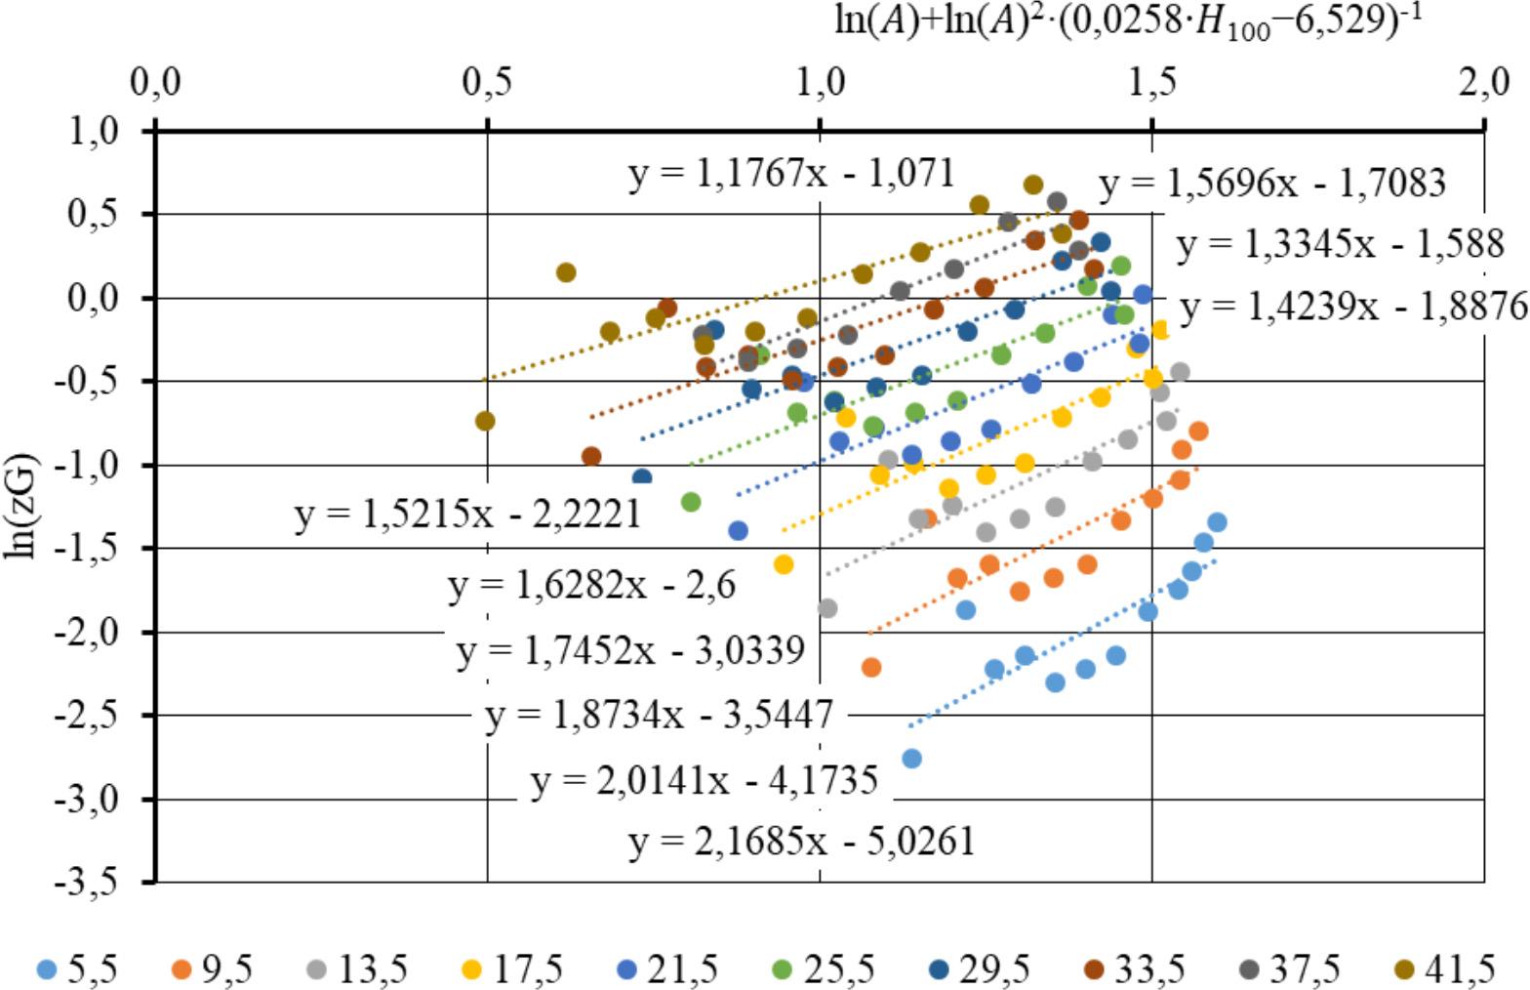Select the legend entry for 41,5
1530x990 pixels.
click(x=1447, y=969)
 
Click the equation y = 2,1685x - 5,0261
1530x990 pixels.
click(x=801, y=841)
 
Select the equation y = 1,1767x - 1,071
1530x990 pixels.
click(x=791, y=174)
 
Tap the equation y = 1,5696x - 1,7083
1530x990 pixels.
click(x=1271, y=183)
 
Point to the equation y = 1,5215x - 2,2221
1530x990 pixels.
click(x=467, y=514)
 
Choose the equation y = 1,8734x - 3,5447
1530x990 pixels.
click(x=660, y=716)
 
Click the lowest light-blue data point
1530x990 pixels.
click(x=911, y=758)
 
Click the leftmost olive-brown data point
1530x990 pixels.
click(x=484, y=421)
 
